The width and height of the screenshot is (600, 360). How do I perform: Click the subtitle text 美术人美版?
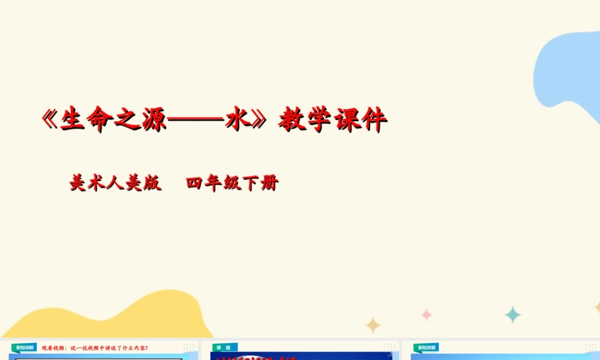click(115, 183)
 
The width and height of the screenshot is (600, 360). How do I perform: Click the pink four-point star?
click(427, 314)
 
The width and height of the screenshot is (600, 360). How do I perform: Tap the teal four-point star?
click(512, 314)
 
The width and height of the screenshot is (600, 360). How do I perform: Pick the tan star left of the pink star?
click(373, 325)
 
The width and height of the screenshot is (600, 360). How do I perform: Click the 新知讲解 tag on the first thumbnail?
click(25, 347)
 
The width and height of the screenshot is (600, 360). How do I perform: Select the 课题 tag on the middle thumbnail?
click(224, 347)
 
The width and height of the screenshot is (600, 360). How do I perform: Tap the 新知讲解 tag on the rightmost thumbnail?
click(426, 347)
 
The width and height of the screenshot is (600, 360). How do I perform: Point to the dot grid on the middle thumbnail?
click(391, 347)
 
